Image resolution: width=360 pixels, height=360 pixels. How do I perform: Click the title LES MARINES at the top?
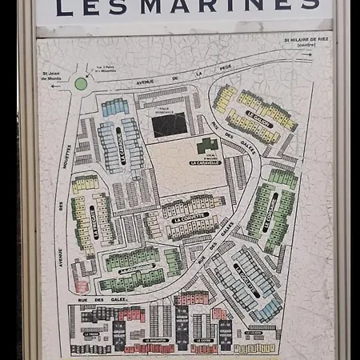[188, 9]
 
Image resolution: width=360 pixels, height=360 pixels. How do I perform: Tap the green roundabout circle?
[81, 83]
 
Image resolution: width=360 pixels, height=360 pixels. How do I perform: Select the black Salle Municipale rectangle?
[169, 124]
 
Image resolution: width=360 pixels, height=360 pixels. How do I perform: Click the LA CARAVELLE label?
[204, 161]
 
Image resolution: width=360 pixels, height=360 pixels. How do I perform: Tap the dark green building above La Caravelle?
[207, 146]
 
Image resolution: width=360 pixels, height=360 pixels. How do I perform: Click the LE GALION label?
[258, 119]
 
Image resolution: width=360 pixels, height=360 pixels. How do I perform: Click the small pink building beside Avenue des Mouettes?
[80, 285]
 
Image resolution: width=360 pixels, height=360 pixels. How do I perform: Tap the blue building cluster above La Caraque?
[115, 106]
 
